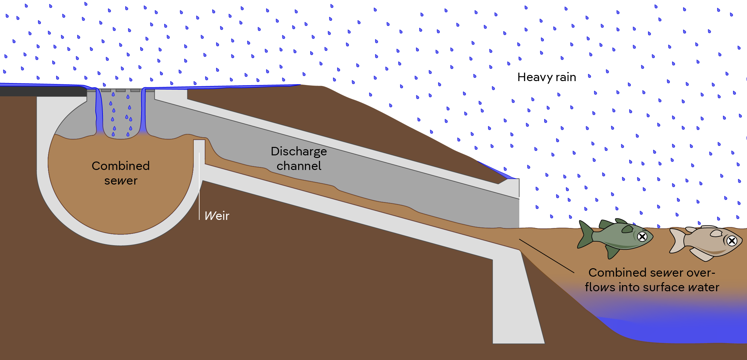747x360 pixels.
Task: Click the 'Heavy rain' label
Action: coord(546,77)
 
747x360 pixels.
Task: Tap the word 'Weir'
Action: coord(217,216)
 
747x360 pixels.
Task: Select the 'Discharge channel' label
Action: coord(299,158)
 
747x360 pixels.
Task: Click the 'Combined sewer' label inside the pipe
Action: coord(121,173)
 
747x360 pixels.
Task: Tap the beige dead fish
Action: coord(707,243)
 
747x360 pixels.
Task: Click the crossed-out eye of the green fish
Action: coord(642,237)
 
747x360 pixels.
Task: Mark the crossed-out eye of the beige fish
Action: coord(731,241)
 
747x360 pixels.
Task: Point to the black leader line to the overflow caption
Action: coord(546,256)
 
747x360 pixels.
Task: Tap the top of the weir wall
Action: coord(199,141)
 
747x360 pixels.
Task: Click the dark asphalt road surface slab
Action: coord(42,91)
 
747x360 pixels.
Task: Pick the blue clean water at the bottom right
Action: coord(681,331)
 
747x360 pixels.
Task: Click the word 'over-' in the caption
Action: coord(701,273)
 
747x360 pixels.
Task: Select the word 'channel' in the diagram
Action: coord(299,166)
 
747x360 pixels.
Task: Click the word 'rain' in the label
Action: coord(566,77)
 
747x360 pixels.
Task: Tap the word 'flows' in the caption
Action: coord(600,287)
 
